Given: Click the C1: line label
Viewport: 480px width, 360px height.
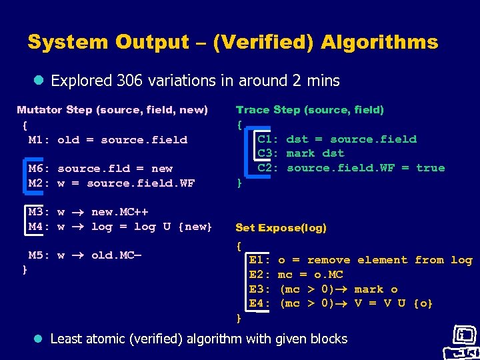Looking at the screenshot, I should (269, 139).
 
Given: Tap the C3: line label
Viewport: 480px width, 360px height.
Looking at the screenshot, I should (269, 153).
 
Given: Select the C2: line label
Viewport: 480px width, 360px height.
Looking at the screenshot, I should (269, 168).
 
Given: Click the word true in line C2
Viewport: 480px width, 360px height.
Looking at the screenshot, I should (430, 168).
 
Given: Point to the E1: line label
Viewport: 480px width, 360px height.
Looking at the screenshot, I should (259, 260).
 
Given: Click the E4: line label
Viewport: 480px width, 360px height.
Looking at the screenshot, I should (259, 303).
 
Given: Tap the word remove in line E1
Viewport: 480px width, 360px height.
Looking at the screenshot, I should (329, 260).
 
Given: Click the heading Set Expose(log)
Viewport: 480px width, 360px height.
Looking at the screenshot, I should (281, 228).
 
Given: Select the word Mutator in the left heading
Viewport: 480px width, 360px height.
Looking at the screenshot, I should (39, 109).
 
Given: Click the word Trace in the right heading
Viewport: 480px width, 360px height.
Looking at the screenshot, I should (253, 109).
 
